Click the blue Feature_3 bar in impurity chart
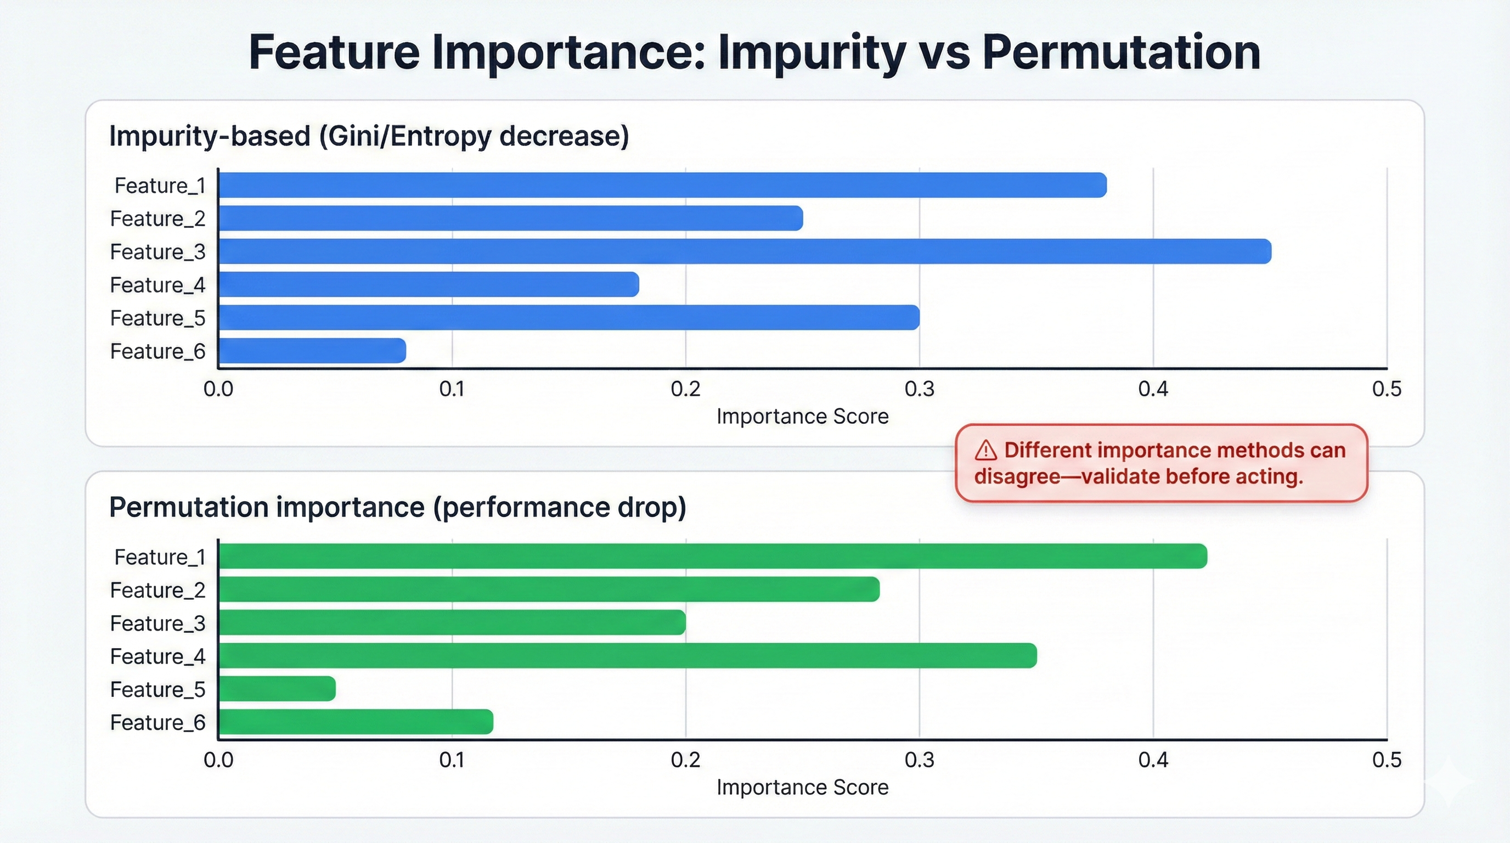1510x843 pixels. click(745, 251)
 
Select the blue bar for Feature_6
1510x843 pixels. click(312, 351)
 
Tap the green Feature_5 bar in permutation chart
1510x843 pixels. click(277, 689)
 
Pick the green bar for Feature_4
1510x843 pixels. click(627, 655)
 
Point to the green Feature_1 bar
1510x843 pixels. click(712, 556)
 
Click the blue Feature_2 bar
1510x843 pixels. click(510, 218)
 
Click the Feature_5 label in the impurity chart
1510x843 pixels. click(157, 318)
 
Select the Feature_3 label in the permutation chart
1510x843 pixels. click(157, 622)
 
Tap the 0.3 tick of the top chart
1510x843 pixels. click(919, 389)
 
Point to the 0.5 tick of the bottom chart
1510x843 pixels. click(1387, 760)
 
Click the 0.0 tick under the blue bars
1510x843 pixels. click(218, 389)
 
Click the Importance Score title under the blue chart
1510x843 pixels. click(802, 416)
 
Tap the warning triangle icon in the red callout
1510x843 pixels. click(985, 451)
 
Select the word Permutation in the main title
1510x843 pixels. click(1121, 53)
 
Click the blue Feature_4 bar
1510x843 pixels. click(428, 284)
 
